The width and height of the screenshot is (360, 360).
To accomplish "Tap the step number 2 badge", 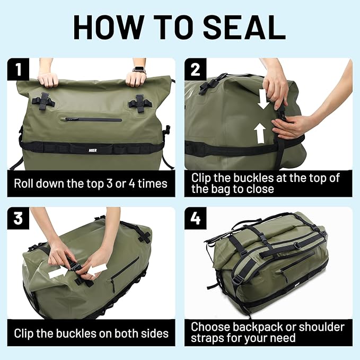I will coord(195,69).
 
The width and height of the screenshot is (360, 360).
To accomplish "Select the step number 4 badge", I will coord(195,218).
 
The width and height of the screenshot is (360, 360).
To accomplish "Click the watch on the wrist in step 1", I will coord(138,69).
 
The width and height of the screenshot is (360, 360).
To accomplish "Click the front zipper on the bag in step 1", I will coord(93,119).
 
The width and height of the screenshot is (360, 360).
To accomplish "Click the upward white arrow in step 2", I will coord(259,134).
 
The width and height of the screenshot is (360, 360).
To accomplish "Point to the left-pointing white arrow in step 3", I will coord(97,270).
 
